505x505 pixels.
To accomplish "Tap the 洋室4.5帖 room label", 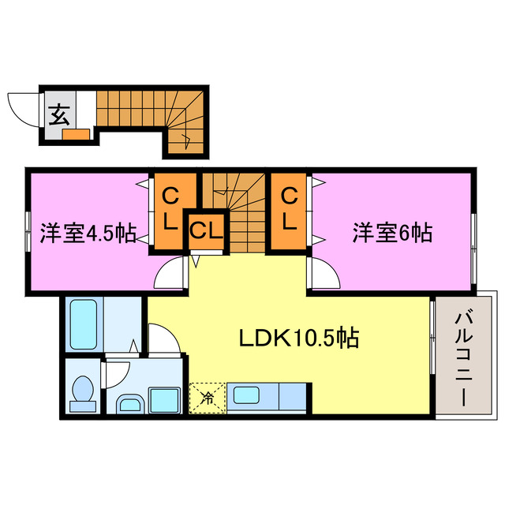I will (x=87, y=233).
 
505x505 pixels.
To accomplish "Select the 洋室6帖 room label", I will (x=391, y=233).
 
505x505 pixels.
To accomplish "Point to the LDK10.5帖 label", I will (x=300, y=339).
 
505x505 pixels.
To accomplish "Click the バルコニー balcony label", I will (x=465, y=359).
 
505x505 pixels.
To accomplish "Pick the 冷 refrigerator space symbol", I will (x=207, y=397).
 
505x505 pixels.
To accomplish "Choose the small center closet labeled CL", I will (x=207, y=231).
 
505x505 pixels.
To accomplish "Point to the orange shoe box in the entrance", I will (x=77, y=133).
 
